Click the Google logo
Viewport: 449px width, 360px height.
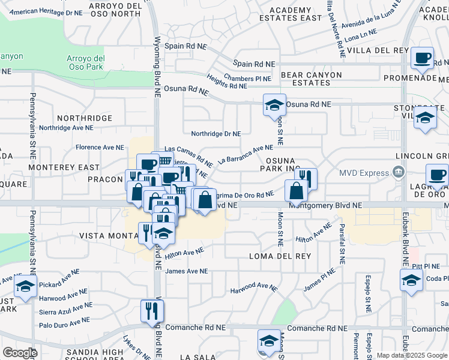pyautogui.click(x=20, y=353)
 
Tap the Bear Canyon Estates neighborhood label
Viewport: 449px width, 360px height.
pyautogui.click(x=311, y=79)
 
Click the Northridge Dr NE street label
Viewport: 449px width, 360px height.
pyautogui.click(x=216, y=134)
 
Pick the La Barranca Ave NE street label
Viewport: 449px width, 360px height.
pyautogui.click(x=246, y=154)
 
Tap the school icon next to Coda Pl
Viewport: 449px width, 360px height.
pyautogui.click(x=411, y=280)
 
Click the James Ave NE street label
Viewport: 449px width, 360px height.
pyautogui.click(x=186, y=271)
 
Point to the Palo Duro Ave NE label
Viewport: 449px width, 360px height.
pyautogui.click(x=66, y=322)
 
